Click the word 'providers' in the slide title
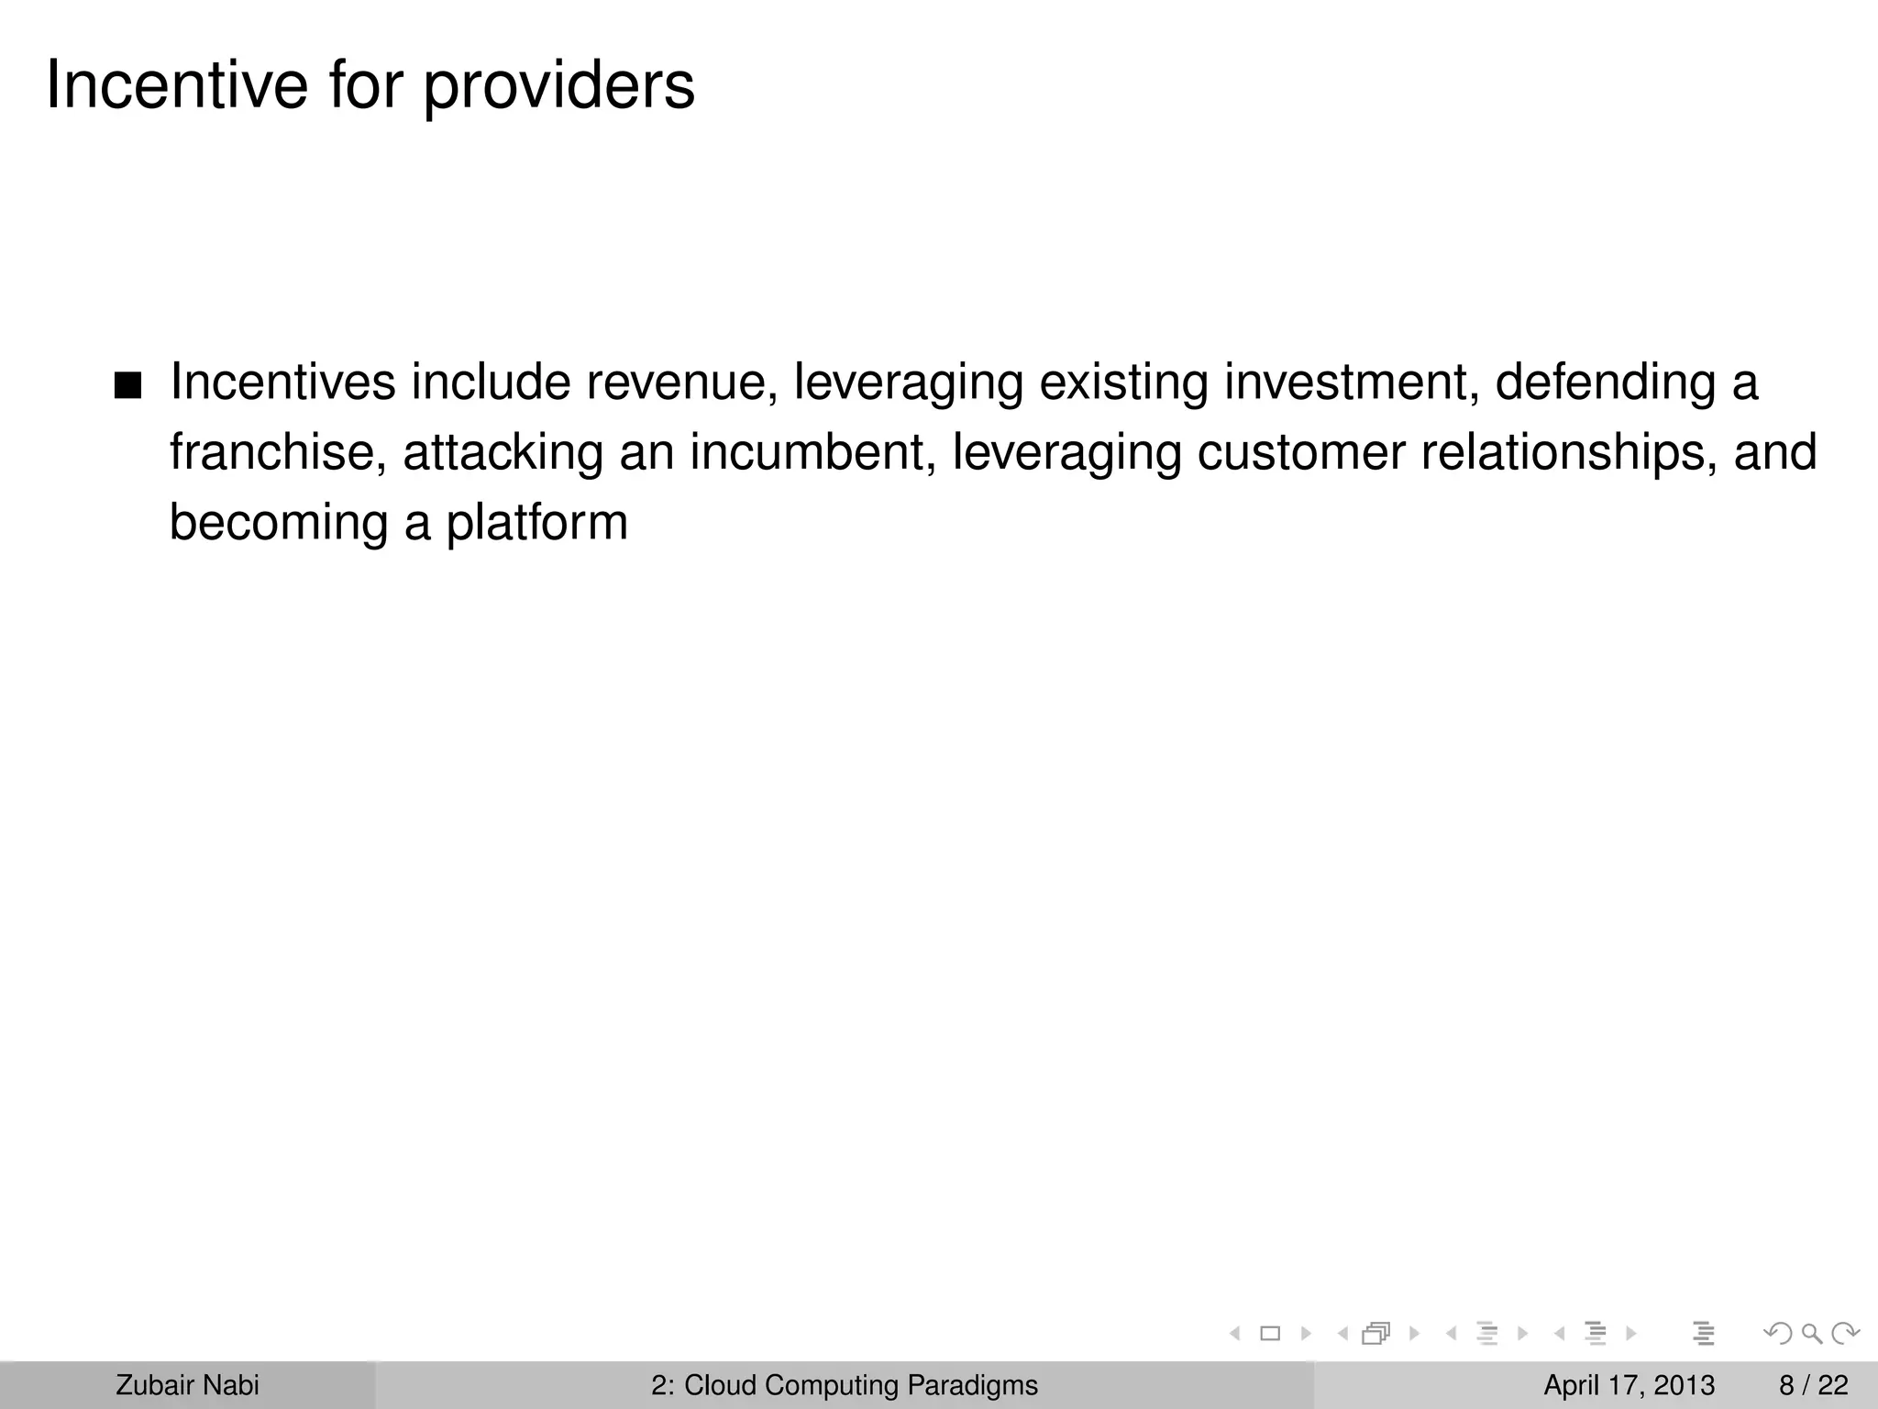[x=558, y=86]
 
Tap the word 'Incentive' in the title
[x=177, y=84]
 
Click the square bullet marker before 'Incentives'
[x=128, y=387]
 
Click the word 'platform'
[x=536, y=523]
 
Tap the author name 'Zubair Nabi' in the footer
[x=187, y=1385]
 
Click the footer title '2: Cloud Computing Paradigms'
[x=845, y=1385]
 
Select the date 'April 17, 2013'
[x=1629, y=1385]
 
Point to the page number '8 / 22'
[x=1814, y=1385]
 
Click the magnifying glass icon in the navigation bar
[x=1811, y=1334]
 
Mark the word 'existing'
[x=1123, y=383]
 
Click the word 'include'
[x=491, y=383]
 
